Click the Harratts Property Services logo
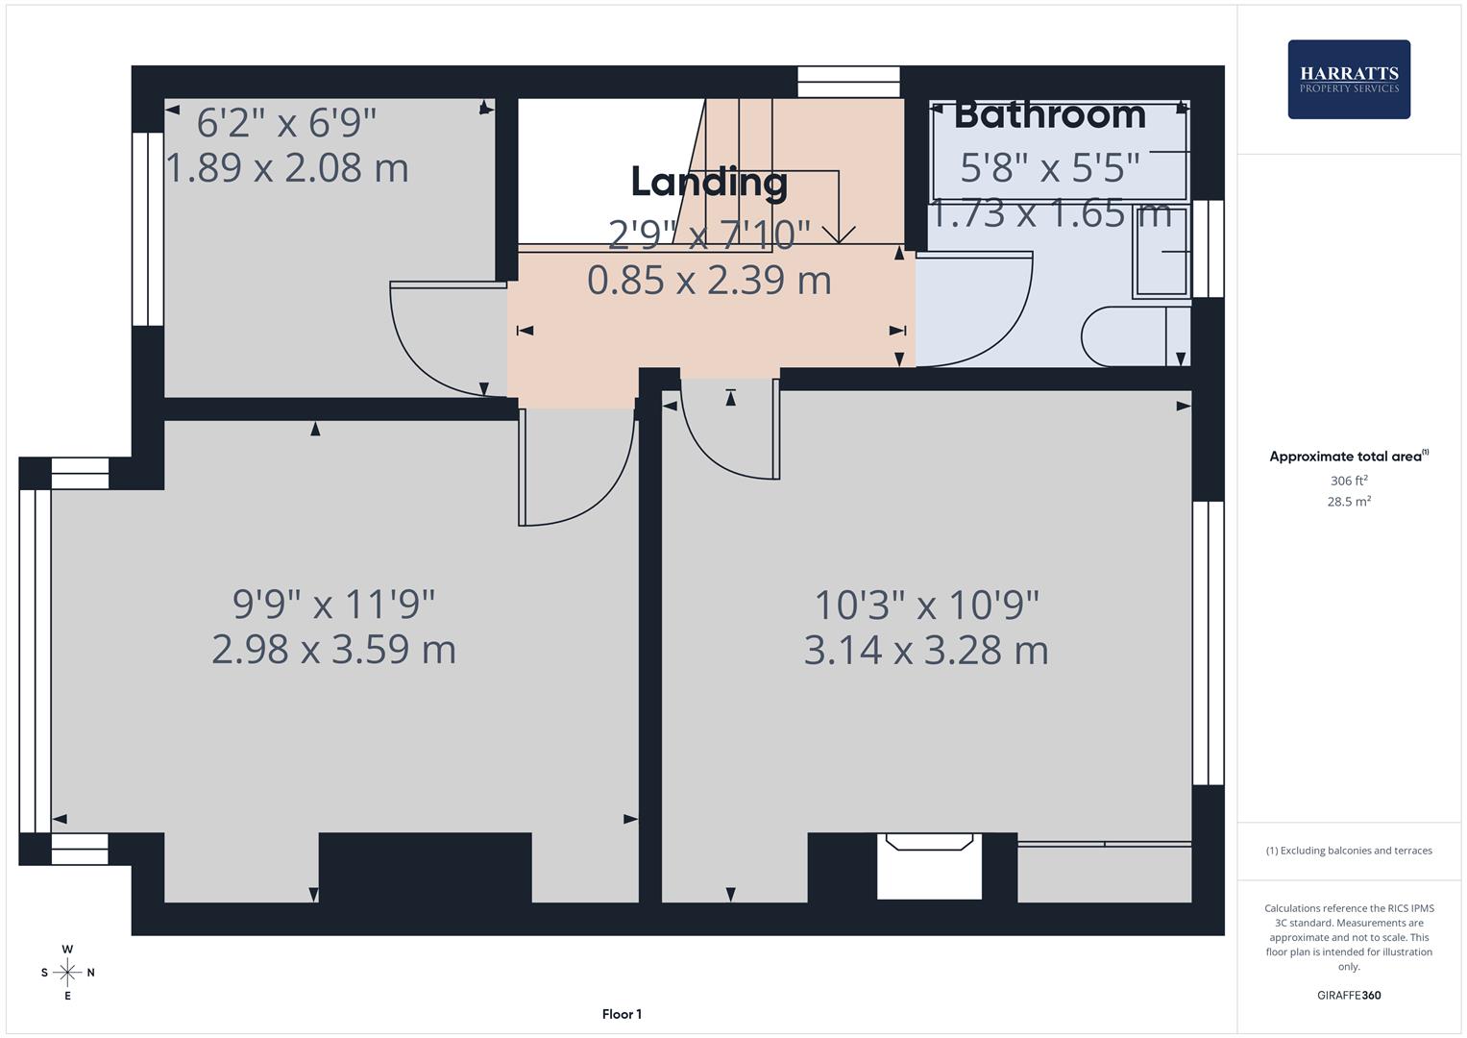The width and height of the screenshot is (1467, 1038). point(1348,80)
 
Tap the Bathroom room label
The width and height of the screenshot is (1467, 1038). point(1049,114)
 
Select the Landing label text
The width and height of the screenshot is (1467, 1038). point(709,182)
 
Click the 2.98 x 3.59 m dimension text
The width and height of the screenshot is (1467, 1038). point(333,650)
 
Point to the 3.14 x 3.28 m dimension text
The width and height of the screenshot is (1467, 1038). point(925,650)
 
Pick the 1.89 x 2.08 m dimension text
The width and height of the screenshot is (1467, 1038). point(287,168)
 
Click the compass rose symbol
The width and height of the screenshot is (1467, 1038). point(67,972)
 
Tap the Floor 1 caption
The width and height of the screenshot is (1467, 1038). point(622,1014)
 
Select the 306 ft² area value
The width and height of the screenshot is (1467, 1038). point(1348,481)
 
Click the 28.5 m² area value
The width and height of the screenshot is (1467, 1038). point(1348,501)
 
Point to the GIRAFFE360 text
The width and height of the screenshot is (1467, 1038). point(1348,995)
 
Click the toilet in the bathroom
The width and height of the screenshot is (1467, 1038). point(1134,337)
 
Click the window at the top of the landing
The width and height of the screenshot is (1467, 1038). point(848,82)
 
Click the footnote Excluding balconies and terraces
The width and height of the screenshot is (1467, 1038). point(1348,851)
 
